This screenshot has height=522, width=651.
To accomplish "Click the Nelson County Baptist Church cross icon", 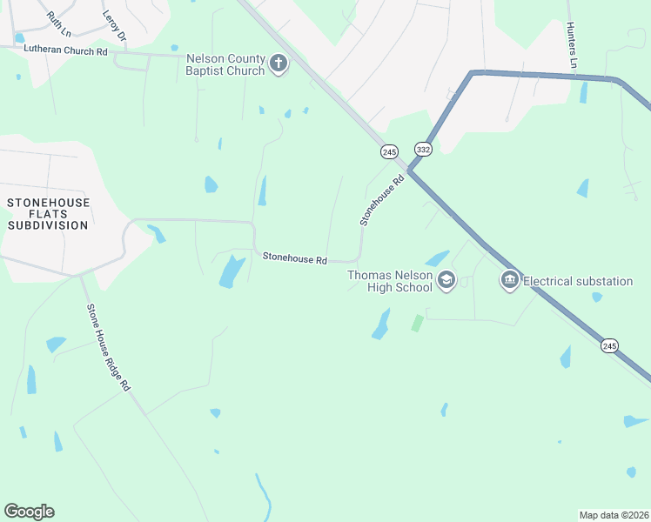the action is pos(279,64).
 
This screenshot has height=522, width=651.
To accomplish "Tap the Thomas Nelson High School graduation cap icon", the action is pos(446,279).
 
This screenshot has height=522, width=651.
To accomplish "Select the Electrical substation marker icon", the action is pos(509,280).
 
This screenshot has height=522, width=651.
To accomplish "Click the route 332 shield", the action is pos(423,149).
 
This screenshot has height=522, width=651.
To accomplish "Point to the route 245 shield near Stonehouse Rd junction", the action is pos(389,151).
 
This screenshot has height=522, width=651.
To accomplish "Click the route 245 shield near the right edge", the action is pos(609,345).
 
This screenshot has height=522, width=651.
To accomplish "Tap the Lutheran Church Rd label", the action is pos(65,52).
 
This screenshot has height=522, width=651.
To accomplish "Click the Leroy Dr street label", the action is pos(114,26).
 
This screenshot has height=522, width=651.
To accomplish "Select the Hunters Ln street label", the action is pos(572,45).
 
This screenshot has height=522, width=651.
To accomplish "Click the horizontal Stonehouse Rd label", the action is pos(295,258).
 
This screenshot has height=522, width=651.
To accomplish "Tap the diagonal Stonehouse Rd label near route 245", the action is pos(383,201).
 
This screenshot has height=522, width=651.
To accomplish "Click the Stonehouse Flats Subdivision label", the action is pos(48,214).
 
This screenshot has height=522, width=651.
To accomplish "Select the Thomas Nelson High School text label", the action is pos(390,281).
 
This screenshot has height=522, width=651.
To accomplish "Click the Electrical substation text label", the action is pos(578,281).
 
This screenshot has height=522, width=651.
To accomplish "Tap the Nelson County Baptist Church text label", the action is pos(225,64).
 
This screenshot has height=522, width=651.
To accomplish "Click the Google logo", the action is pos(29,512).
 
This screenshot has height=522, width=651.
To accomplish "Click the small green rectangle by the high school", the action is pos(417,323).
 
